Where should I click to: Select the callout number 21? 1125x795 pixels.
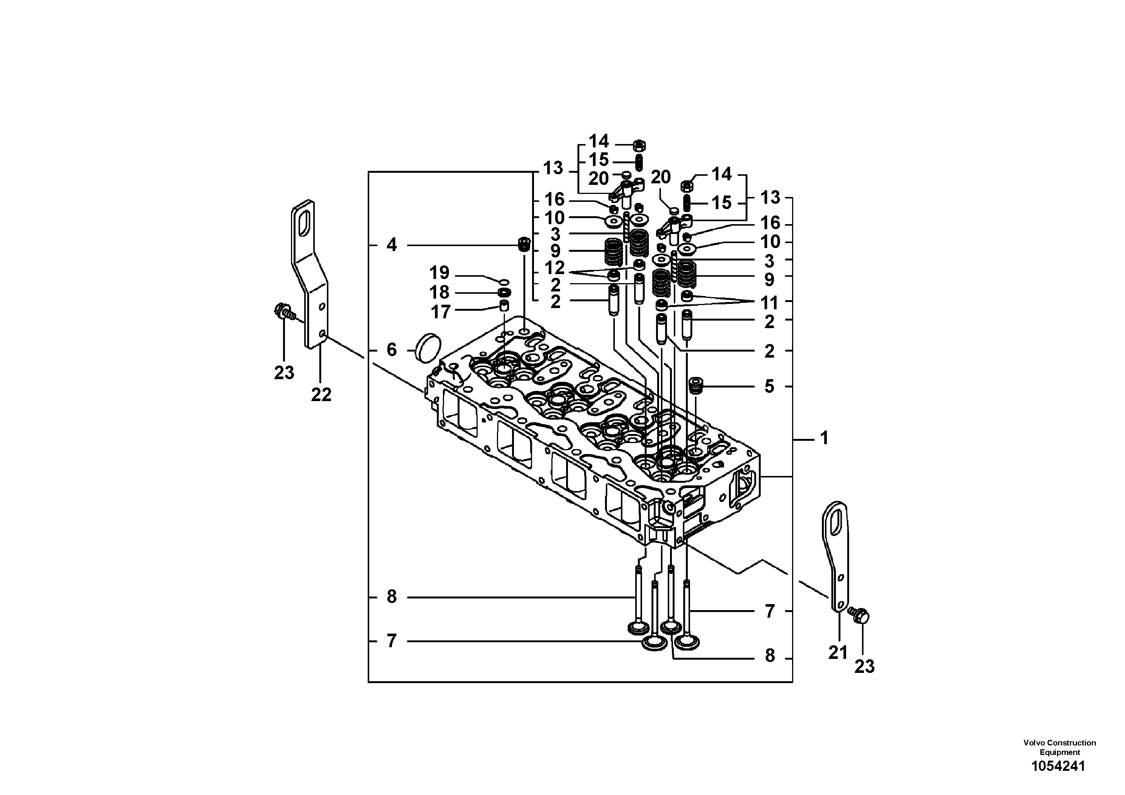pyautogui.click(x=838, y=653)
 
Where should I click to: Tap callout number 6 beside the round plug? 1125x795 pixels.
pyautogui.click(x=392, y=350)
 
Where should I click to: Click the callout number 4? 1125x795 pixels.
pyautogui.click(x=392, y=245)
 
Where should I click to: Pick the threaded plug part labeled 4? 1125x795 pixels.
pyautogui.click(x=524, y=243)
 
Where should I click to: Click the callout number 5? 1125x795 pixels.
pyautogui.click(x=769, y=386)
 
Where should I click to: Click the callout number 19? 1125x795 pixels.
pyautogui.click(x=439, y=273)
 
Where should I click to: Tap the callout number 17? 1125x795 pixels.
pyautogui.click(x=440, y=312)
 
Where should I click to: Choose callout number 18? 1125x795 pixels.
pyautogui.click(x=439, y=293)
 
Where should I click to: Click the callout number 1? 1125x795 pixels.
pyautogui.click(x=824, y=438)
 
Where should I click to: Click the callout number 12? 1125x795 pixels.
pyautogui.click(x=555, y=268)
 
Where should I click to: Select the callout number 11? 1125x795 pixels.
pyautogui.click(x=769, y=303)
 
